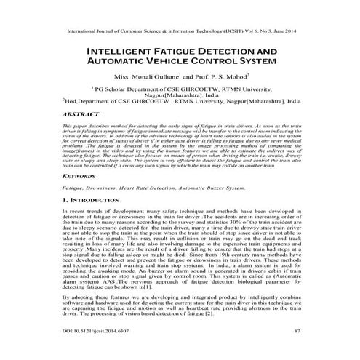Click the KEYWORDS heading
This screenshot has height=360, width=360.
tap(82, 176)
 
